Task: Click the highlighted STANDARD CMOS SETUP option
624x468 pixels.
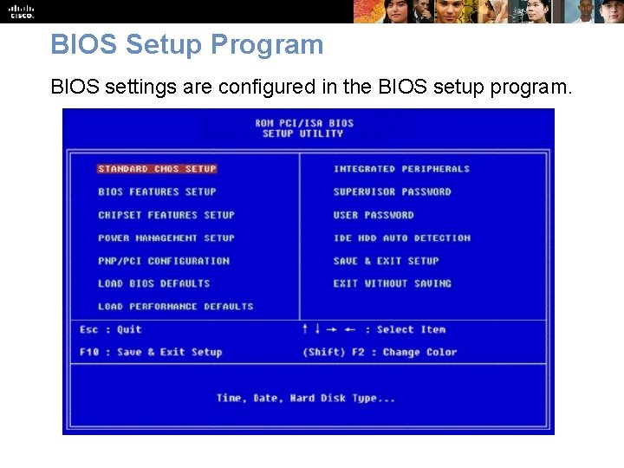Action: point(157,169)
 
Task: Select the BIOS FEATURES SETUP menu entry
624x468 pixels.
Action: point(157,192)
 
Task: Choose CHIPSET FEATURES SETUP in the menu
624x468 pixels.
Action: point(166,215)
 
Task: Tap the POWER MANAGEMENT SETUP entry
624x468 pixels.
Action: point(166,237)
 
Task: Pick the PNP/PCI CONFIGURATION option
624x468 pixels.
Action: point(164,261)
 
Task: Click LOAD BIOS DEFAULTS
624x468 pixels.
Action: point(154,283)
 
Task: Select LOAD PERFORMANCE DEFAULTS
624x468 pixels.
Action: point(176,306)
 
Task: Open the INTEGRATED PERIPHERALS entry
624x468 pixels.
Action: point(401,169)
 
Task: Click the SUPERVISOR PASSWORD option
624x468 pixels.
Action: point(392,192)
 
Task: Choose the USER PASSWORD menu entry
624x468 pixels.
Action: point(374,215)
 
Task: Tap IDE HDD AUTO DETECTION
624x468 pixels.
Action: point(401,237)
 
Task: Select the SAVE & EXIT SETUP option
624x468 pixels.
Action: point(386,261)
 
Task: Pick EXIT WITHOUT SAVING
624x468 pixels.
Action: point(392,283)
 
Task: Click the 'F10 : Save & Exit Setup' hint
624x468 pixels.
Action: point(151,352)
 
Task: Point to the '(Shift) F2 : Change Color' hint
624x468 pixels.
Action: point(379,352)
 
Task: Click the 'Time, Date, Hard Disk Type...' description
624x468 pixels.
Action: point(306,398)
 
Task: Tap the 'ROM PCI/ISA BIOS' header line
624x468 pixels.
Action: point(304,123)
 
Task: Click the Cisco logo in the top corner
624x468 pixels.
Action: point(22,11)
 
